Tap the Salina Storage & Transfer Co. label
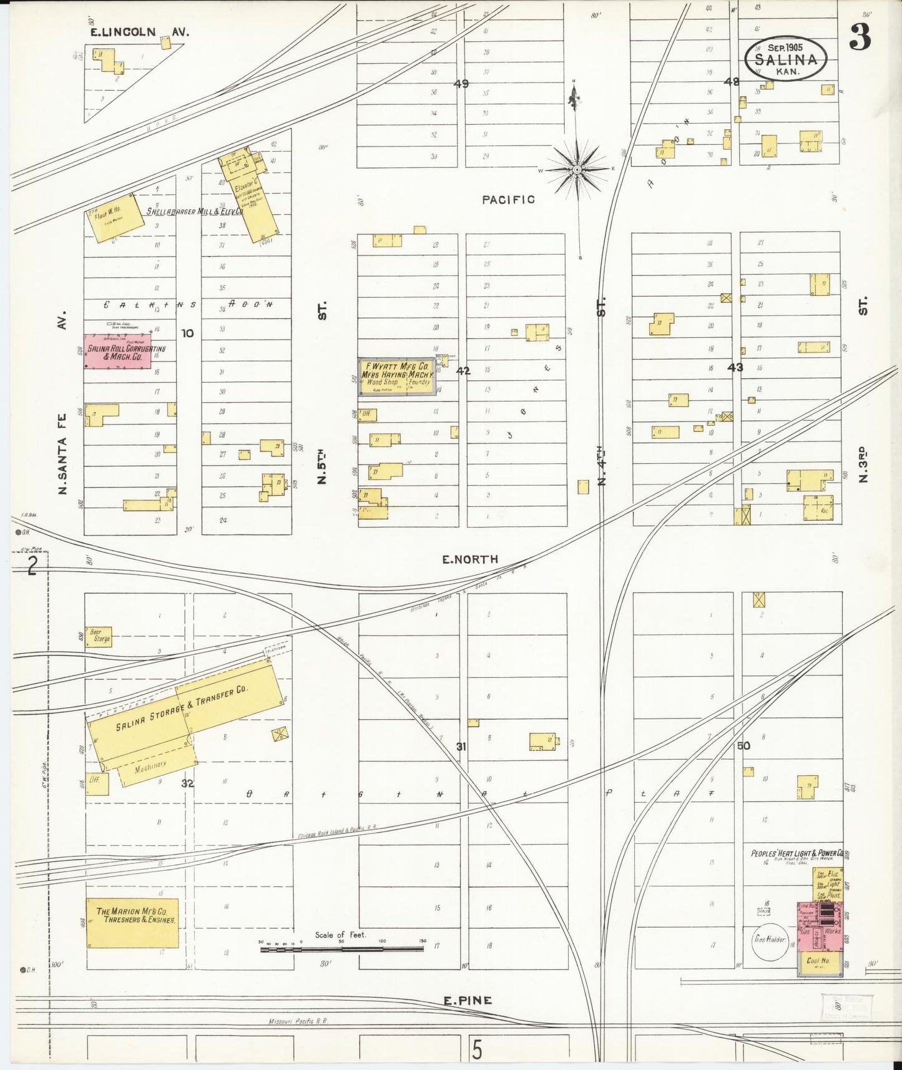(x=181, y=710)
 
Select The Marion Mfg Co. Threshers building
(x=132, y=923)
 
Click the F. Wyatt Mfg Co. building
(x=396, y=377)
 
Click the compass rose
(x=578, y=169)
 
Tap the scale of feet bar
(x=341, y=950)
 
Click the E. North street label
(x=470, y=560)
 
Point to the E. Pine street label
(x=468, y=1001)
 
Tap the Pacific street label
(x=508, y=200)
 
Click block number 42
(x=463, y=371)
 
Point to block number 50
(x=743, y=746)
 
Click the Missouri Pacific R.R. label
(x=298, y=1022)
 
